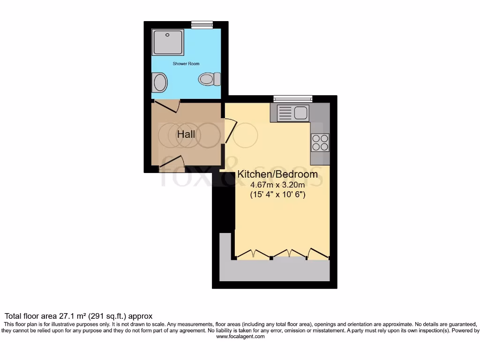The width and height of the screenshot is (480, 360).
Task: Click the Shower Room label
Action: tap(186, 63)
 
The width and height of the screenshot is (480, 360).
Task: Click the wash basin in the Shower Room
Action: tap(160, 83)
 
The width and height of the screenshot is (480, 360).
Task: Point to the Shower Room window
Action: tap(202, 24)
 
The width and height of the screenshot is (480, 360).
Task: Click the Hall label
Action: tap(186, 135)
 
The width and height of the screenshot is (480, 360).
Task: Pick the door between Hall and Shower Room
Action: tap(167, 106)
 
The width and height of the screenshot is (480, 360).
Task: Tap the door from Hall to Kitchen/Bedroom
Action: tap(230, 131)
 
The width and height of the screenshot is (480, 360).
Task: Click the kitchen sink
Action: tap(292, 112)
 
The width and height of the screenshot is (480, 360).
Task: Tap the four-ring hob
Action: tap(320, 142)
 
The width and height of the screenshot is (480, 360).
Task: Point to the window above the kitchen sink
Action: tap(293, 98)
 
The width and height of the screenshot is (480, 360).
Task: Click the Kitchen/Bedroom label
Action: tap(277, 174)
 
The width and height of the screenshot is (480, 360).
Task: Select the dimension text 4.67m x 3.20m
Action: tap(277, 185)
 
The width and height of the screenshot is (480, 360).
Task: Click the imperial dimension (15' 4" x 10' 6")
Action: tap(277, 195)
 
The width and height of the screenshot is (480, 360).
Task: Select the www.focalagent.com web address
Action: tap(240, 336)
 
